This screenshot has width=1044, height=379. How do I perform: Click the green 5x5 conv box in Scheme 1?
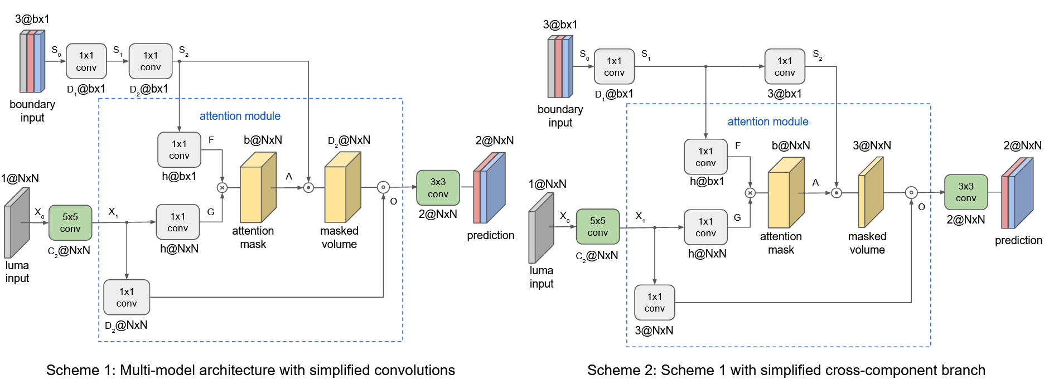click(x=70, y=223)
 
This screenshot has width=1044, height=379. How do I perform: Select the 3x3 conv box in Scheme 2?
click(x=966, y=192)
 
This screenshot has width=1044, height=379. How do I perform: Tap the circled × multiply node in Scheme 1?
click(x=222, y=188)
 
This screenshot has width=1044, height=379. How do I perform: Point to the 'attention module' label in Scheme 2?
click(x=767, y=122)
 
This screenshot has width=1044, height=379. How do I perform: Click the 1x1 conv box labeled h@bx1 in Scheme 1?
click(x=179, y=150)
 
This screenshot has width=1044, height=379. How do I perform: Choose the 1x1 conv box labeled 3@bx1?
click(x=784, y=67)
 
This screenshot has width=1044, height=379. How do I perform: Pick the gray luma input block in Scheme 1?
click(x=17, y=223)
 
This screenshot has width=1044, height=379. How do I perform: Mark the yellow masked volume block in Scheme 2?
click(x=870, y=192)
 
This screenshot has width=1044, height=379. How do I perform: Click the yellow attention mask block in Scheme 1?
click(x=258, y=188)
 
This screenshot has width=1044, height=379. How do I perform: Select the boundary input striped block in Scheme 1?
click(x=32, y=61)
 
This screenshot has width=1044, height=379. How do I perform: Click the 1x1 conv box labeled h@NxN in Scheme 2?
click(x=705, y=227)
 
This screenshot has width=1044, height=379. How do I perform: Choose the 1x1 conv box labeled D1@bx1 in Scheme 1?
click(x=86, y=61)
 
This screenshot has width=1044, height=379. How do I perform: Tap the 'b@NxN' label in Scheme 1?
click(x=263, y=140)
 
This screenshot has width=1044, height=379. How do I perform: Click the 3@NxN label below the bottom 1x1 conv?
click(x=654, y=331)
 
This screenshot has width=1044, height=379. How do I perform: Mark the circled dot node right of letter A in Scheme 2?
click(x=836, y=193)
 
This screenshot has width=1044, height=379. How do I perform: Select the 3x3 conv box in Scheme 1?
click(x=438, y=188)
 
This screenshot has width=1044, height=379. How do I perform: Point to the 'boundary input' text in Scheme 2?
click(x=560, y=116)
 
